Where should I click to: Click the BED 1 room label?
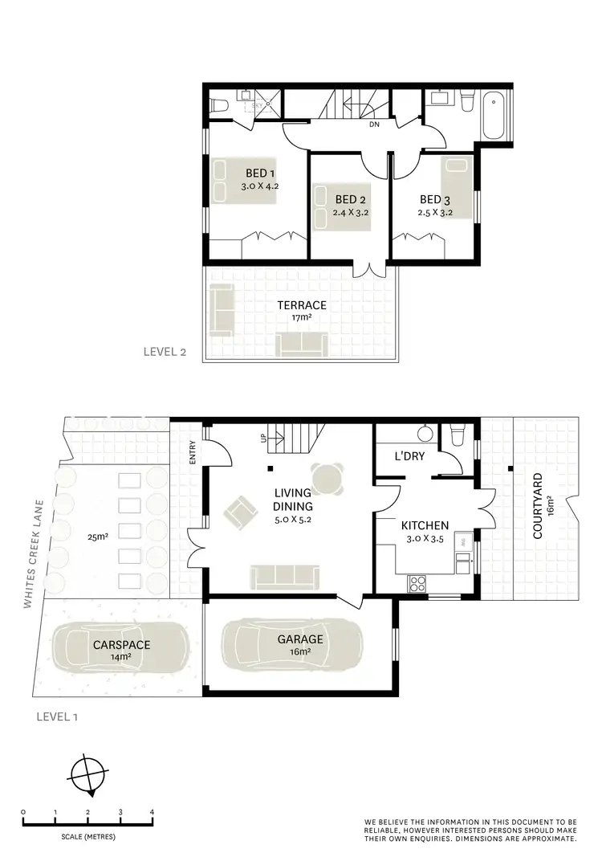coord(260,173)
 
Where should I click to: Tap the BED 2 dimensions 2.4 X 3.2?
coord(350,213)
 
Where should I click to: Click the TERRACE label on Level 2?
coord(302,305)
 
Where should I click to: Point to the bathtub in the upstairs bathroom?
coord(496,116)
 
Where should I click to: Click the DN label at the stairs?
coord(374,125)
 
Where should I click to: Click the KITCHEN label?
coord(425,526)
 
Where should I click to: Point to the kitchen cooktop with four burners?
coord(417,584)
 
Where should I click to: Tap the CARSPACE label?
coord(121,644)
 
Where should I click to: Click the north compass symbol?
coord(87,776)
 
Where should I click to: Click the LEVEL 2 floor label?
coord(165,351)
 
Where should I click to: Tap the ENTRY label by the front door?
coord(193,455)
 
